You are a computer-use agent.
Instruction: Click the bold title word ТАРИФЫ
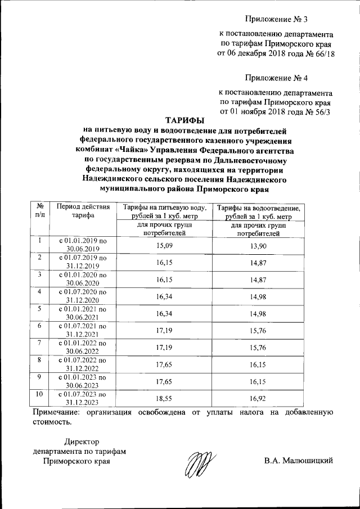coord(185,120)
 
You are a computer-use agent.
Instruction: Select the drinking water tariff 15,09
coord(163,245)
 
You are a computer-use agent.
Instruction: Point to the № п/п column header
coord(40,211)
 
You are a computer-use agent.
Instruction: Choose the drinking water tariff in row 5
coord(163,313)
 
